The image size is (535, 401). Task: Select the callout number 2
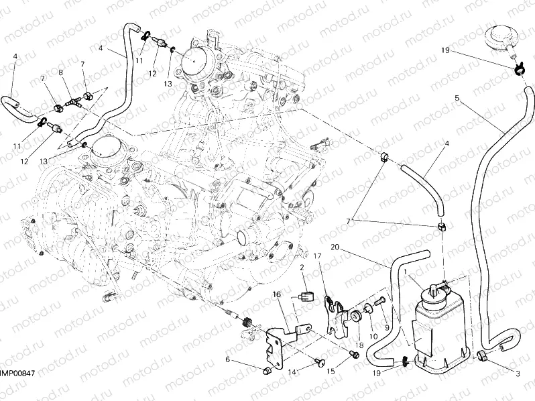pyautogui.click(x=302, y=267)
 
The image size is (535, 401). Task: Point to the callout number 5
pyautogui.click(x=457, y=99)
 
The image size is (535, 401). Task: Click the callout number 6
pyautogui.click(x=227, y=360)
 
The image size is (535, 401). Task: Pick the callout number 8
pyautogui.click(x=61, y=72)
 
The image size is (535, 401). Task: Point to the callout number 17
pyautogui.click(x=318, y=255)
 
